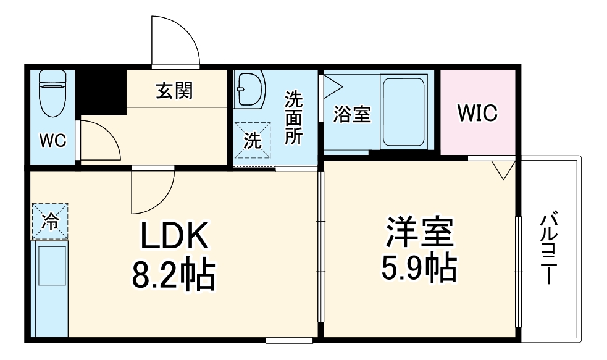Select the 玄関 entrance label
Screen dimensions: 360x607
click(175, 91)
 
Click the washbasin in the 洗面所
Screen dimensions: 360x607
click(249, 89)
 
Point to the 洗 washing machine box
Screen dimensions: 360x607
click(252, 140)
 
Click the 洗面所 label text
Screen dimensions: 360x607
click(294, 118)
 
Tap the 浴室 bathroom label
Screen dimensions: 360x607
click(351, 115)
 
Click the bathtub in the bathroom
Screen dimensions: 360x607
click(403, 111)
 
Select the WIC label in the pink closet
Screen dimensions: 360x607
click(477, 114)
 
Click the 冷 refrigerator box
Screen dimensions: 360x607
click(49, 221)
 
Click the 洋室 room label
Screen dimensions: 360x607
click(420, 232)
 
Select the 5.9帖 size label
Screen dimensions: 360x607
click(420, 267)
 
